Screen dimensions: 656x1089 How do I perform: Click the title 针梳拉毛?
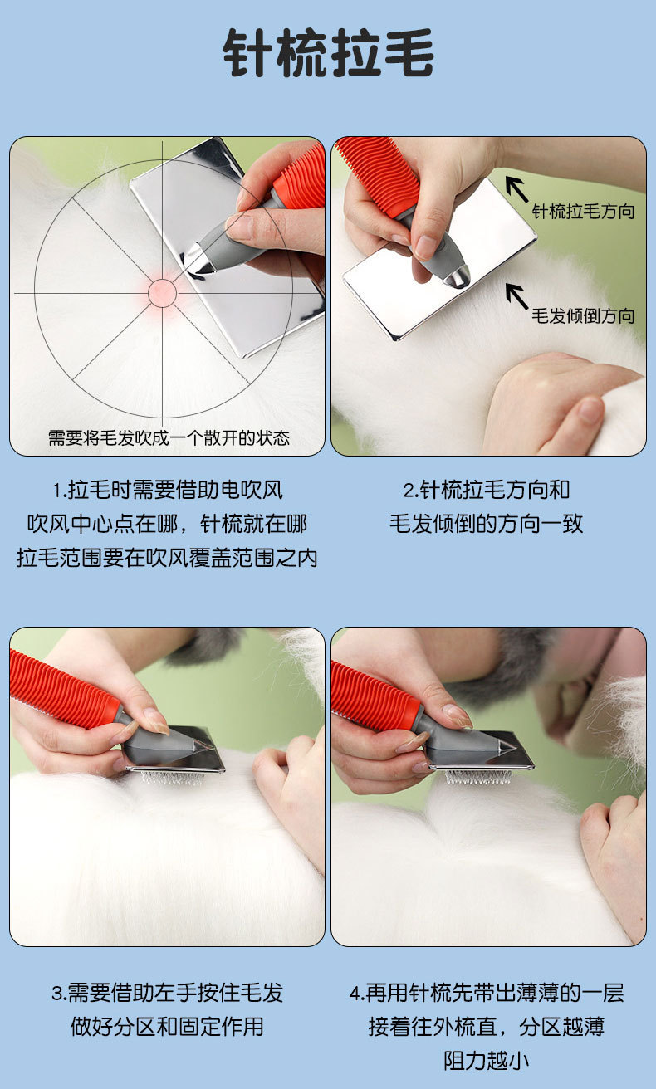[x=328, y=52]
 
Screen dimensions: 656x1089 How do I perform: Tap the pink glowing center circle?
[x=162, y=293]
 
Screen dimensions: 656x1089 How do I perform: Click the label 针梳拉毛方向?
[x=583, y=212]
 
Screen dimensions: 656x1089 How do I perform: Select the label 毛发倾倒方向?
[x=583, y=316]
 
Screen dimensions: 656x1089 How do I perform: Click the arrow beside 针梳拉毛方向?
[x=517, y=189]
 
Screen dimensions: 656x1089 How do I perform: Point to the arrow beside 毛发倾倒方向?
[x=517, y=296]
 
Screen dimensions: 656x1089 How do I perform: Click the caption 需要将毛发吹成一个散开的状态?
[x=169, y=438]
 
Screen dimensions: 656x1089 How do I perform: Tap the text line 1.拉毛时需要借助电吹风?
[x=168, y=490]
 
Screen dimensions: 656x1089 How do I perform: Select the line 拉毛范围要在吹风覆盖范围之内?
[x=167, y=558]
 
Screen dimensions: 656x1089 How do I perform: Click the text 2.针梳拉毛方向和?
[x=487, y=490]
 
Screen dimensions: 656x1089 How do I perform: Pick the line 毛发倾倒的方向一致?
[x=487, y=524]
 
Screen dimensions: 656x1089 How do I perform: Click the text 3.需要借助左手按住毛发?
[x=167, y=993]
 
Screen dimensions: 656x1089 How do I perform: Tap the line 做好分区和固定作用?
[x=167, y=1027]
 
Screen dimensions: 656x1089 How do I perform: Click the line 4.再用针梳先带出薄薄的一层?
[x=487, y=993]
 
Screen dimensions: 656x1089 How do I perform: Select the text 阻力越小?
[x=487, y=1061]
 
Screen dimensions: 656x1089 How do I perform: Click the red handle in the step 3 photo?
[x=64, y=690]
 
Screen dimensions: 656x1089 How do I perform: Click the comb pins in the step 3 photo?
[x=173, y=779]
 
